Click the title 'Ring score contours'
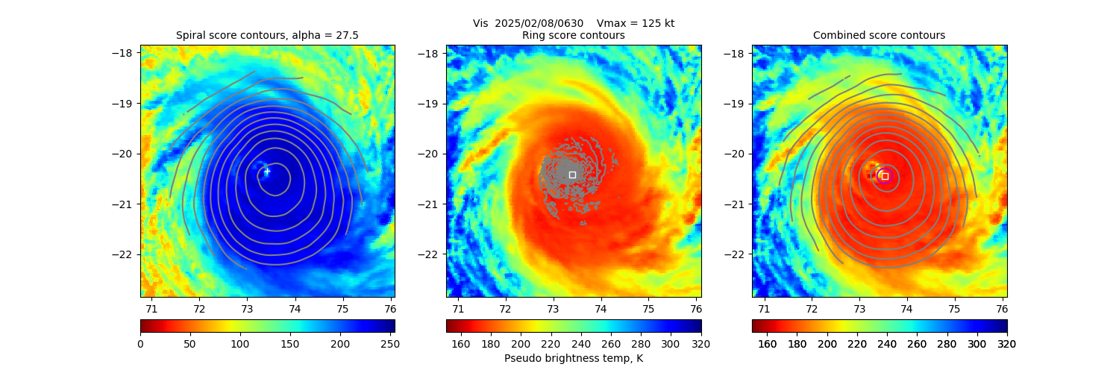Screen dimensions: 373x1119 tap(573, 35)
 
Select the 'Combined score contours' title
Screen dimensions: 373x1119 tap(879, 35)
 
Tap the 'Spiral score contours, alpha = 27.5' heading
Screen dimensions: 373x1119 tap(267, 35)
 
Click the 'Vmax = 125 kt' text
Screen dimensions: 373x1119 tap(636, 23)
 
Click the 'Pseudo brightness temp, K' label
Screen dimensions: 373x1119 tap(573, 358)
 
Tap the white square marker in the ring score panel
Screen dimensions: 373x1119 tap(572, 175)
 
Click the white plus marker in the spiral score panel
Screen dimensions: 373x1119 tap(267, 171)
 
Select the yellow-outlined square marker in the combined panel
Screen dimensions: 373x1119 tap(885, 176)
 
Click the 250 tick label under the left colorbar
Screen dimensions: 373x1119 tap(385, 344)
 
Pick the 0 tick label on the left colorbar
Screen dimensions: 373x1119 tap(140, 344)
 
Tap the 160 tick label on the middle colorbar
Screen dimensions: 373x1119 tap(461, 344)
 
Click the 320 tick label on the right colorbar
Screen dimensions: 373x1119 tap(1007, 344)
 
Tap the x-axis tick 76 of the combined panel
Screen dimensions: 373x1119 tap(1002, 308)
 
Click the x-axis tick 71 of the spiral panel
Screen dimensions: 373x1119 tap(151, 308)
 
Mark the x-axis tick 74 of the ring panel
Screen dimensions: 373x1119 tap(601, 308)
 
